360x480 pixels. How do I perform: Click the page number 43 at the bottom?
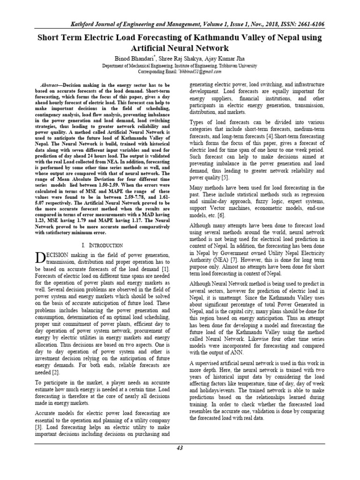pyautogui.click(x=180, y=448)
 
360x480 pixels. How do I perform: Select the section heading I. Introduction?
pyautogui.click(x=102, y=245)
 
